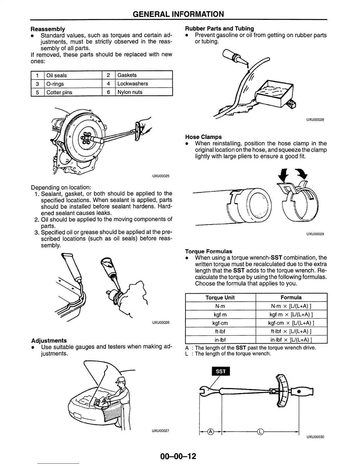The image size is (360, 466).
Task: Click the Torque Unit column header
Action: click(x=220, y=297)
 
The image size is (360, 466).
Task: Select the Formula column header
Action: click(x=291, y=297)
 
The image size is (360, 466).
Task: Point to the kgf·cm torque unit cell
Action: click(x=220, y=323)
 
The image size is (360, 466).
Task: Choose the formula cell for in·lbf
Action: click(x=291, y=340)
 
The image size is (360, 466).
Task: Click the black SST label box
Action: click(x=221, y=371)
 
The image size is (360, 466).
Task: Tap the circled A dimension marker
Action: click(x=211, y=432)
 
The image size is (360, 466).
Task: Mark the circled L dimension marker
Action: click(x=260, y=432)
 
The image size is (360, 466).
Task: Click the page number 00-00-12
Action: click(x=178, y=456)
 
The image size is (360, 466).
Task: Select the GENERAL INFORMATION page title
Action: click(x=178, y=14)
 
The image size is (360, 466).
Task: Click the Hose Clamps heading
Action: click(x=204, y=137)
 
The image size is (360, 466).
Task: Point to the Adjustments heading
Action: click(x=49, y=340)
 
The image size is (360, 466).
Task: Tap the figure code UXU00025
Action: click(x=161, y=176)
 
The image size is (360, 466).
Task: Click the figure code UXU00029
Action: click(x=315, y=234)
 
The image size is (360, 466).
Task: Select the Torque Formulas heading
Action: click(x=209, y=251)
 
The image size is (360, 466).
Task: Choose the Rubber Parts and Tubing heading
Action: click(x=219, y=29)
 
